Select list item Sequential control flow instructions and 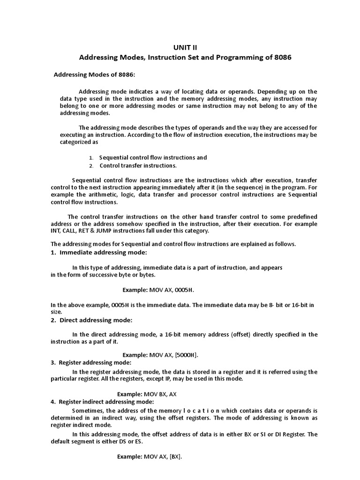click(x=153, y=157)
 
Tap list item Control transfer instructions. click(x=138, y=165)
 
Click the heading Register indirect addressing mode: click(x=106, y=402)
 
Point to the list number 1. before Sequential click(x=91, y=158)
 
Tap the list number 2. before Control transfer click(x=91, y=166)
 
